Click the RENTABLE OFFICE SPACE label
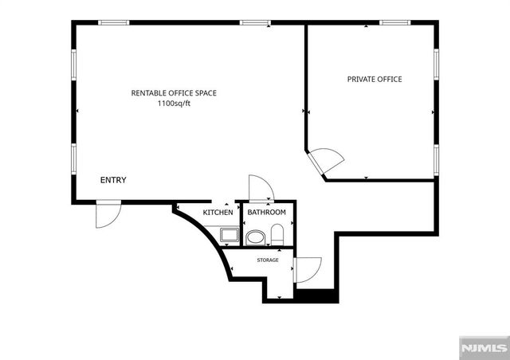click(x=174, y=93)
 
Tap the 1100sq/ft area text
click(x=174, y=104)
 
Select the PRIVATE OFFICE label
click(x=374, y=79)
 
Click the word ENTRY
click(x=112, y=180)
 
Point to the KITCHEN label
click(x=218, y=213)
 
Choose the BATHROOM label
click(x=266, y=213)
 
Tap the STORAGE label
click(x=267, y=260)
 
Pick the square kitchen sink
click(x=228, y=235)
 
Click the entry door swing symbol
click(x=107, y=215)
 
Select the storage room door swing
click(x=308, y=269)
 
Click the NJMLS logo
click(x=484, y=348)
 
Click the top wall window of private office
click(x=394, y=22)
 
